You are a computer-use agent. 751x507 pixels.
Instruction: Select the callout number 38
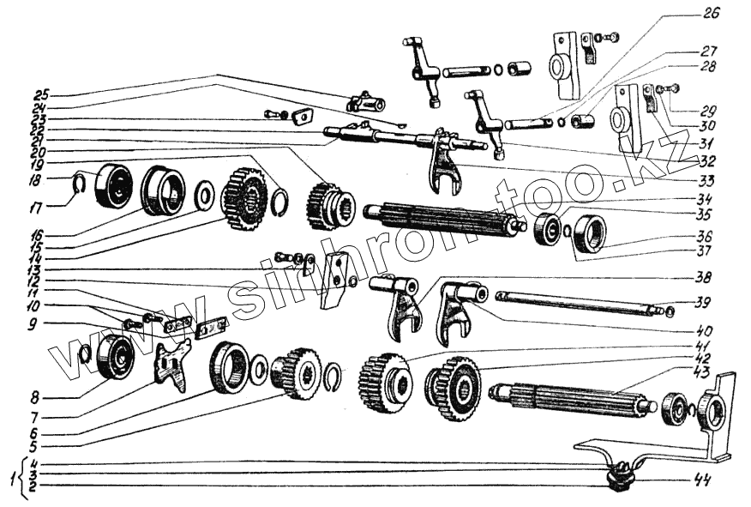pyautogui.click(x=702, y=276)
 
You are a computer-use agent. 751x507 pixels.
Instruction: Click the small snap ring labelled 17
pyautogui.click(x=76, y=182)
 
